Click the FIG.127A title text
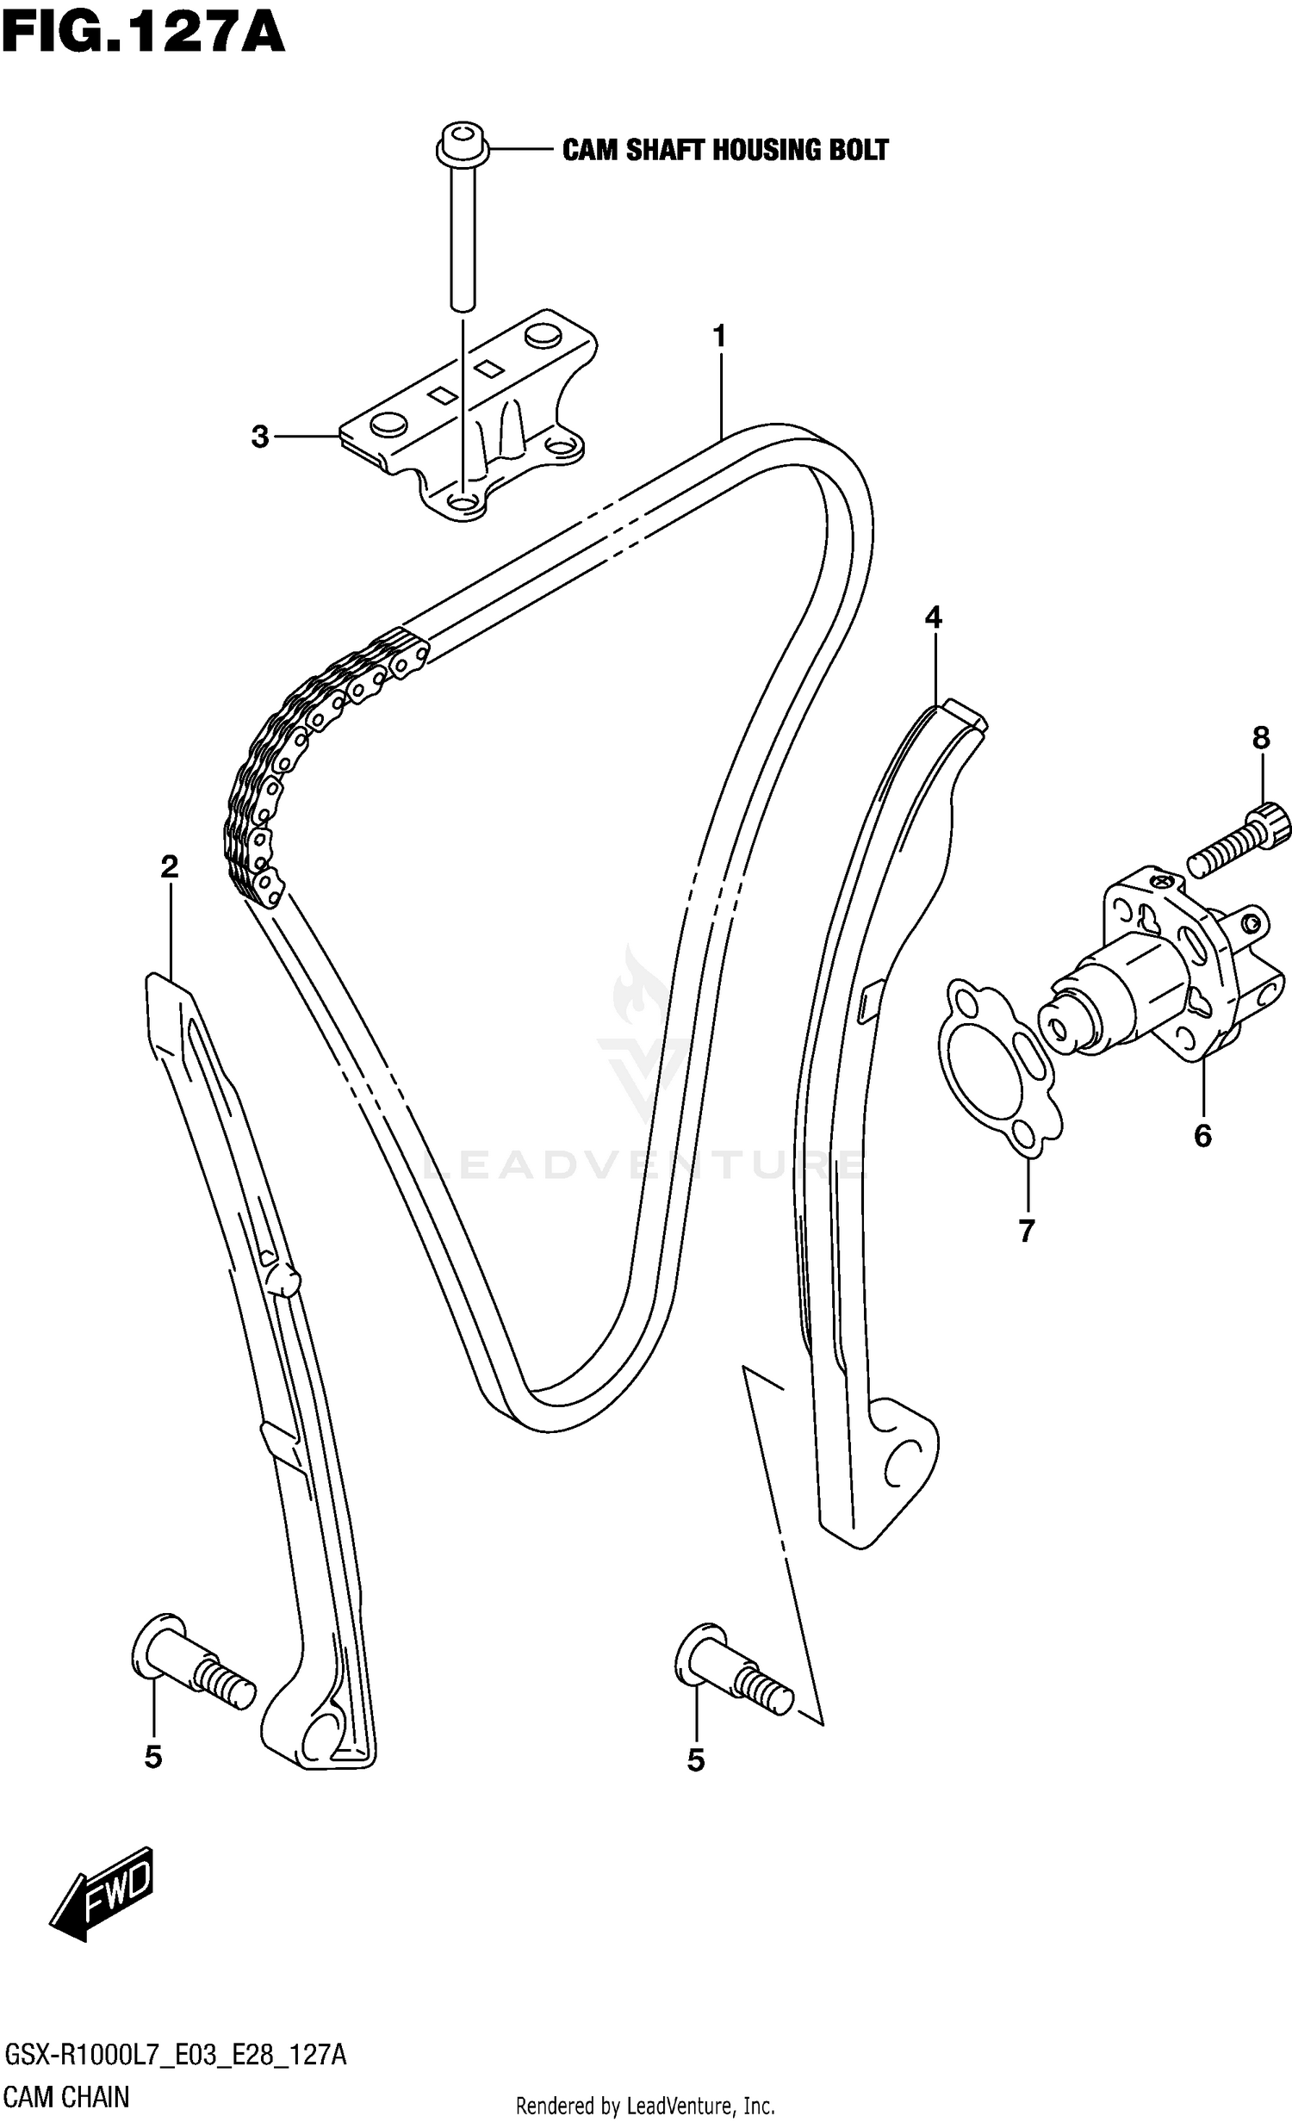click(x=142, y=34)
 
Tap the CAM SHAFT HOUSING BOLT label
click(x=724, y=151)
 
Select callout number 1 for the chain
click(x=719, y=337)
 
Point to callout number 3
click(x=260, y=437)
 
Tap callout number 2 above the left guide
click(x=169, y=866)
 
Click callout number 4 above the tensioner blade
click(x=933, y=617)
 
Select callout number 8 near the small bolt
click(x=1260, y=737)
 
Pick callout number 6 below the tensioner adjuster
click(x=1202, y=1136)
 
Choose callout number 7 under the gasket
click(x=1025, y=1232)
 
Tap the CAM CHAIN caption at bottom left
click(x=66, y=2097)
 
